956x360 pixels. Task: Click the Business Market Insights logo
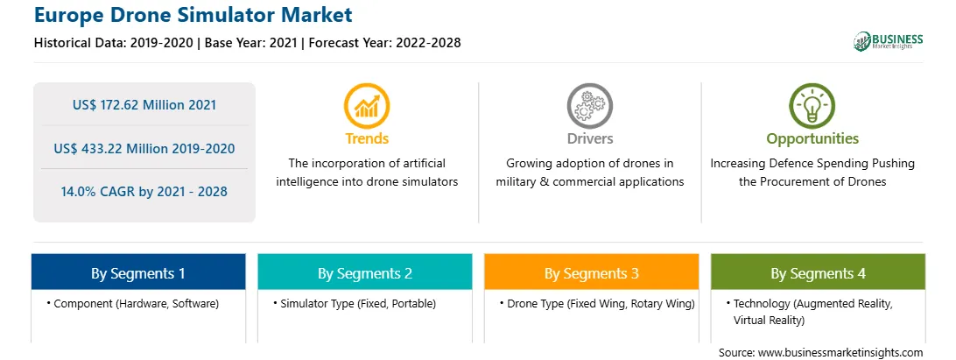click(889, 41)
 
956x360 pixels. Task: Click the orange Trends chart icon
click(367, 106)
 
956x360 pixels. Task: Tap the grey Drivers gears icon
click(590, 106)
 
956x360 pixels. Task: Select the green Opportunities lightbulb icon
click(812, 106)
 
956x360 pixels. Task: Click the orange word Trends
click(367, 138)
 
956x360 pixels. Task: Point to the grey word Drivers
click(590, 138)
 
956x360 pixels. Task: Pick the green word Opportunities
click(812, 139)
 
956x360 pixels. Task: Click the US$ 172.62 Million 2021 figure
click(144, 105)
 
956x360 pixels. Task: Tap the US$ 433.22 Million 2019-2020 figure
click(144, 148)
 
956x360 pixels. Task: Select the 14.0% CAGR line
click(144, 192)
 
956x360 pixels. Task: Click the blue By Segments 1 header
click(138, 272)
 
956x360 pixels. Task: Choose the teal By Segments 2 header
click(364, 272)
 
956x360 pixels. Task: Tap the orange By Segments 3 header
click(592, 272)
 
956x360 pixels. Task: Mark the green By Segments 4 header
click(819, 272)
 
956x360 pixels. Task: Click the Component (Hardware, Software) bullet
click(132, 303)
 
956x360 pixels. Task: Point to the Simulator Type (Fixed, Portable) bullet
click(355, 303)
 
